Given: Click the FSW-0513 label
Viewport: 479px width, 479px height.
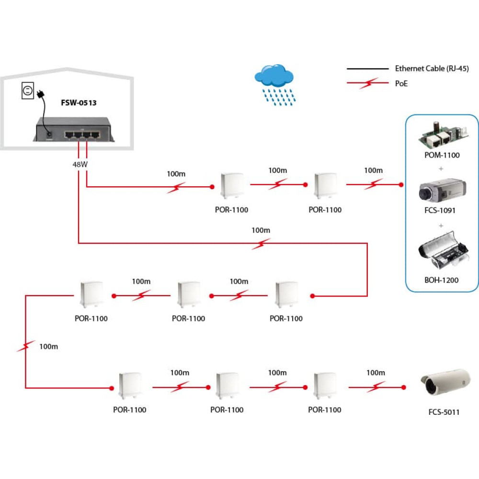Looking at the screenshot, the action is tap(79, 103).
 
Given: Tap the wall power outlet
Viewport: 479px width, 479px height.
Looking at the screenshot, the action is tap(27, 91).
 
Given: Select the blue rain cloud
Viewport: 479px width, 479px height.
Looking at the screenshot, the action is tap(274, 85).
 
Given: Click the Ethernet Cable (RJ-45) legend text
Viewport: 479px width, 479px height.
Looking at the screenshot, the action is tap(432, 68).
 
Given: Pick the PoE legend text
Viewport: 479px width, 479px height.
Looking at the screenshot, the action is tap(401, 83).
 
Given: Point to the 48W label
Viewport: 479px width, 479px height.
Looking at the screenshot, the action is tap(80, 164).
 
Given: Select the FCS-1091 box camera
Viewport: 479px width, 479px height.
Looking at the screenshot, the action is tap(442, 190).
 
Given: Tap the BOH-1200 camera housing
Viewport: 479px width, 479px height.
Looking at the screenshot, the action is tap(444, 251).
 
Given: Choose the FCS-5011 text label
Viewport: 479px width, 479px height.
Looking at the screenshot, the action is tap(444, 412).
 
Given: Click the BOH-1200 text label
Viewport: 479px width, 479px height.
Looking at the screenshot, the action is tap(442, 280).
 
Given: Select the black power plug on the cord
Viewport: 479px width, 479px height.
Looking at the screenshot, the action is tap(41, 94).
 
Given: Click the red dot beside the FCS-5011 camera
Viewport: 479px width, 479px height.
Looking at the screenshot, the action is tap(403, 388).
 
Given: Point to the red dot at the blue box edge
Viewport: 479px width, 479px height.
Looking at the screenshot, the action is tap(401, 184).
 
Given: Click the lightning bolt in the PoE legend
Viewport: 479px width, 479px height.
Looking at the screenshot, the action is tap(368, 83).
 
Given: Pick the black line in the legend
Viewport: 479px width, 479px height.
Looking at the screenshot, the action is tap(367, 69).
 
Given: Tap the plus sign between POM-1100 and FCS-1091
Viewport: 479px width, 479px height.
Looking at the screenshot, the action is tap(441, 169).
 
